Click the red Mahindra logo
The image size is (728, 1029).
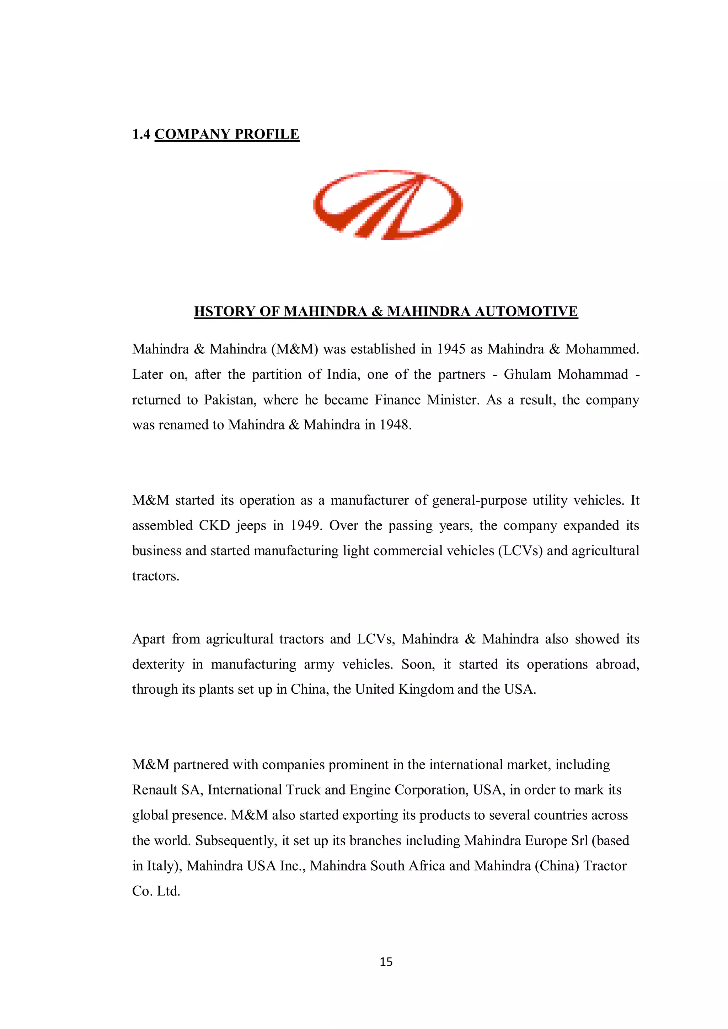click(388, 205)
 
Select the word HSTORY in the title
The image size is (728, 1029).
click(224, 311)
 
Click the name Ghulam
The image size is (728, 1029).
click(527, 374)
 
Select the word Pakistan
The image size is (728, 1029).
click(230, 400)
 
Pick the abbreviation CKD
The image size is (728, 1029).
click(214, 525)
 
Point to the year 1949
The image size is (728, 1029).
click(306, 525)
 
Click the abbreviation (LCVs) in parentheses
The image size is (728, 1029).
click(520, 550)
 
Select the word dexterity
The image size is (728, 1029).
click(158, 664)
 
